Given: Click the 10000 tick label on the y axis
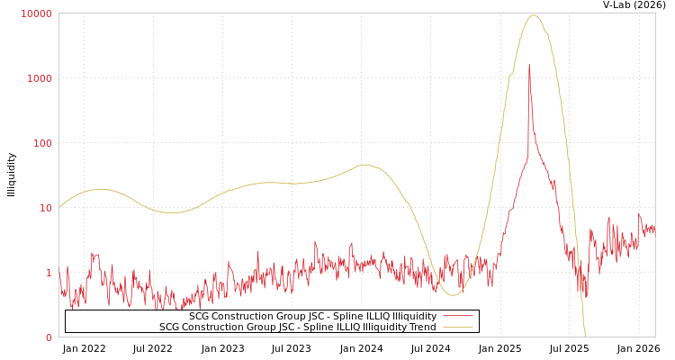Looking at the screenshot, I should (37, 13).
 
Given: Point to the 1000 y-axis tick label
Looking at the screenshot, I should (40, 78).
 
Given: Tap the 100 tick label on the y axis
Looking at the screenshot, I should (42, 143).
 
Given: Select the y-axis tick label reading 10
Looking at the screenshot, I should (45, 208).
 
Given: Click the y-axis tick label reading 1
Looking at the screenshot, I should (49, 273).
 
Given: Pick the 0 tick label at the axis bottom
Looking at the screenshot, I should (49, 337).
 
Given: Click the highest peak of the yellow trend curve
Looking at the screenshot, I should (534, 15).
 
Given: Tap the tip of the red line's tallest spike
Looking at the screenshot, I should (529, 65).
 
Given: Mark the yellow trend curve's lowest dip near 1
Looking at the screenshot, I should (453, 294).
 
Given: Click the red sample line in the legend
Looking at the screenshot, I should (457, 317).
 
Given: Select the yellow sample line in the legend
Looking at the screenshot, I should (457, 328).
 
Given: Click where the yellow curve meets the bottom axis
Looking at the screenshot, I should (585, 336).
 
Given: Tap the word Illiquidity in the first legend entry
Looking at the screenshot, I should (409, 317).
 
